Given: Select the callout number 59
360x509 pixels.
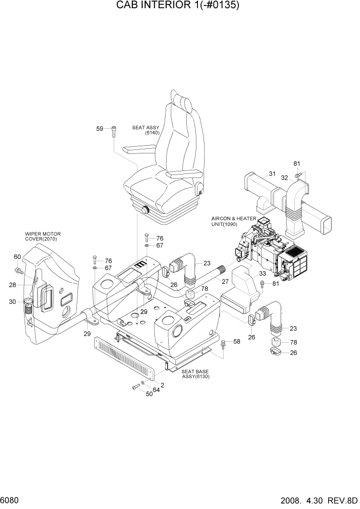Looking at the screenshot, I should (101, 129).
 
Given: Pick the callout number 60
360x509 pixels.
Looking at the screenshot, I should (17, 257).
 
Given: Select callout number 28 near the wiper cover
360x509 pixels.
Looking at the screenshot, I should (13, 285).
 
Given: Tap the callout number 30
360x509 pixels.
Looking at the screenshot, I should (13, 302).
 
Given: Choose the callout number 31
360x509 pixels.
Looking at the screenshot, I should (272, 173).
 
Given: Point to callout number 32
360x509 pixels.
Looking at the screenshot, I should (285, 178).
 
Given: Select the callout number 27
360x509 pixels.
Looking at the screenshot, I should (225, 281).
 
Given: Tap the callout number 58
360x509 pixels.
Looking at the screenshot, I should (236, 341).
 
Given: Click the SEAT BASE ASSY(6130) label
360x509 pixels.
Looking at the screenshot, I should (195, 374).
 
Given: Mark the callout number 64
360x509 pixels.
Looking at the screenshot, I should (155, 390).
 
